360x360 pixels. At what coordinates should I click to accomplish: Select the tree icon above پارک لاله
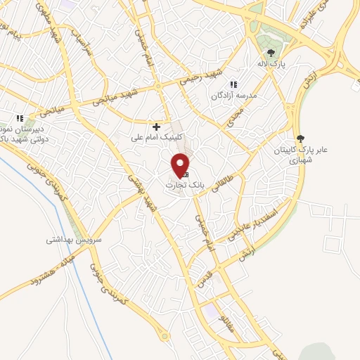(x=270, y=52)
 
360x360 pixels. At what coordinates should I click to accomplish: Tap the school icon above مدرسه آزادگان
(x=233, y=84)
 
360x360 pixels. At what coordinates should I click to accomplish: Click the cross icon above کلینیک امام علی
(x=157, y=127)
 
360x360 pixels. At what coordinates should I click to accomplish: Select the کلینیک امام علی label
(x=157, y=137)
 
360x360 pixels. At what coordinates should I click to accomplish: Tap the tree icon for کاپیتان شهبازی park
(x=300, y=139)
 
